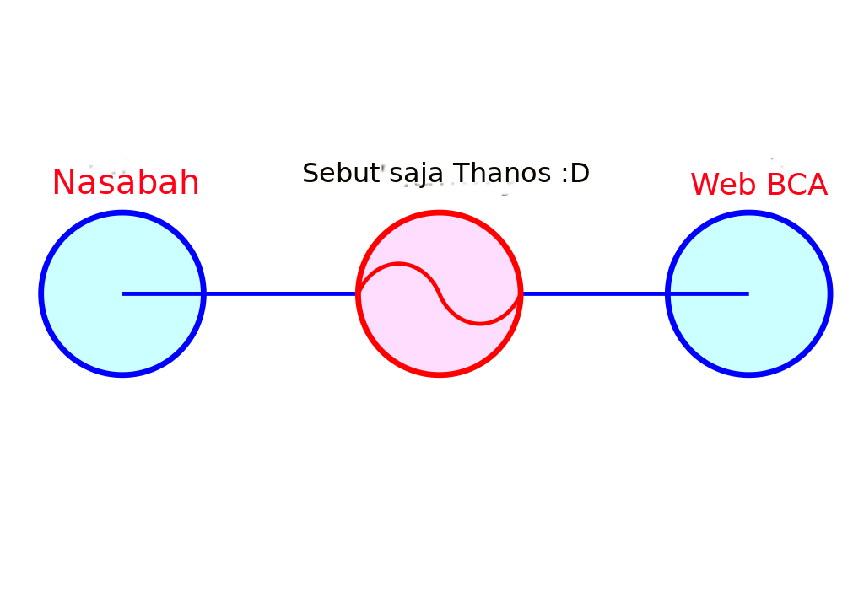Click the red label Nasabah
[x=126, y=182]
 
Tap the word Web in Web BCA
[x=723, y=184]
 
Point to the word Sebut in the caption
[x=342, y=173]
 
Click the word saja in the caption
[x=416, y=175]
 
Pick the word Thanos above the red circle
[x=501, y=173]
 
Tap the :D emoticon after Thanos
[x=575, y=174]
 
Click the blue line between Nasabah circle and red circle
[x=281, y=293]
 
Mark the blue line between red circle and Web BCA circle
[x=594, y=293]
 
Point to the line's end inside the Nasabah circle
[x=122, y=293]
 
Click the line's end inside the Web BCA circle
[x=749, y=293]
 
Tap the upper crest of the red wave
[x=398, y=264]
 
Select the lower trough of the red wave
[x=480, y=323]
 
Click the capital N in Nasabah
[x=63, y=183]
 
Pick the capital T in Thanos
[x=462, y=173]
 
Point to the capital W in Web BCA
[x=708, y=185]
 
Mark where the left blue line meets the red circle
[x=358, y=293]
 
